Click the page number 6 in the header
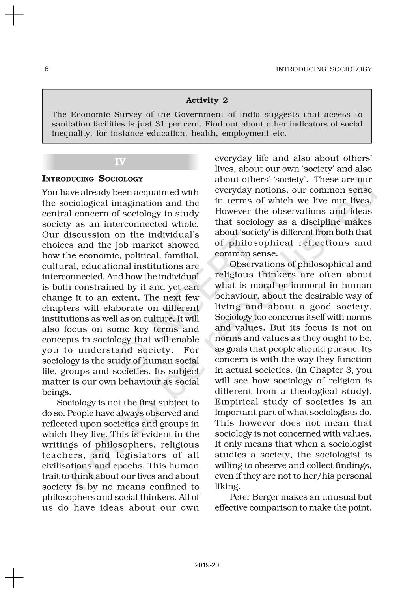pos(47,69)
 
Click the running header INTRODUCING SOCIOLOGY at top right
pos(324,69)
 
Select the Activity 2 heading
pos(207,100)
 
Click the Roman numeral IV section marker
pos(120,162)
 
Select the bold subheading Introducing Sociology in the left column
pos(93,179)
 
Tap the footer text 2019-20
pos(207,565)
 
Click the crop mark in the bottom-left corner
pos(14,577)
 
